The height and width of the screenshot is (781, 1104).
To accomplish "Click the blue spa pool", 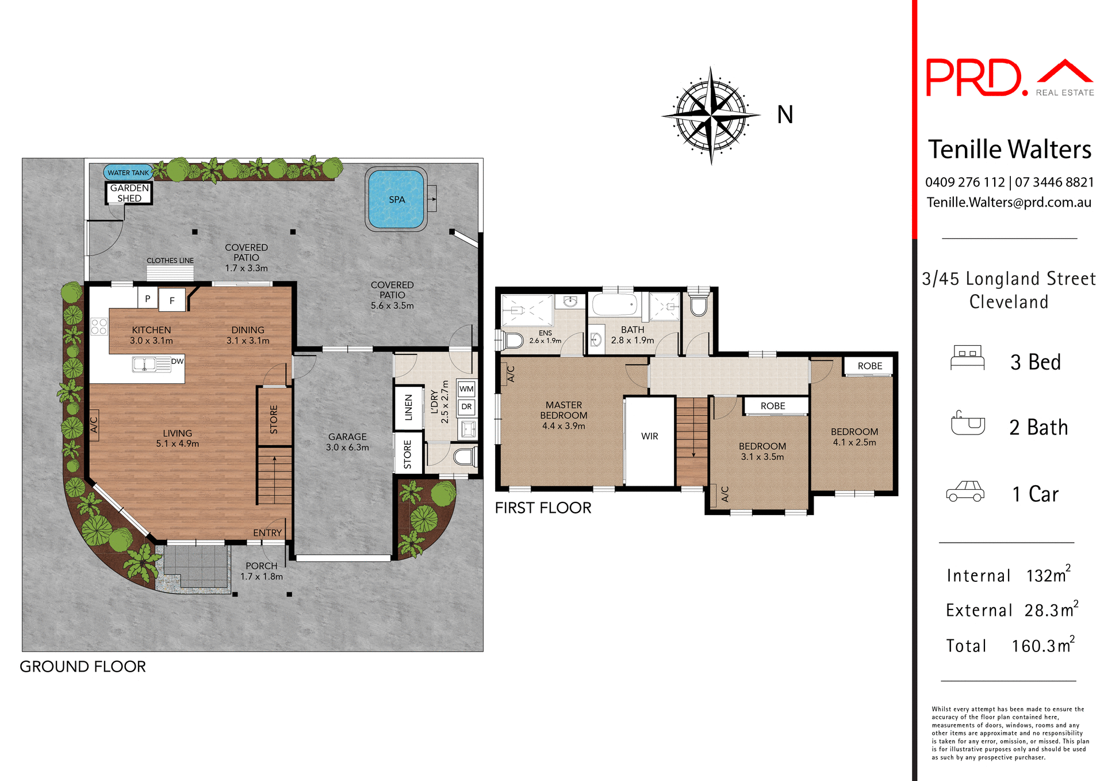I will pyautogui.click(x=396, y=199).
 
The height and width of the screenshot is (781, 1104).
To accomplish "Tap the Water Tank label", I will pyautogui.click(x=128, y=173).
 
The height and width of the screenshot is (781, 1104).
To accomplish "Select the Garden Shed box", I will pyautogui.click(x=129, y=193).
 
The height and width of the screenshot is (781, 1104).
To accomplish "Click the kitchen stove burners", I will pyautogui.click(x=99, y=326).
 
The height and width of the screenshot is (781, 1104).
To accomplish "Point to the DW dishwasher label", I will pyautogui.click(x=177, y=361).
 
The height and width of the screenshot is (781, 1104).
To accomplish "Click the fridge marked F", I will pyautogui.click(x=172, y=300).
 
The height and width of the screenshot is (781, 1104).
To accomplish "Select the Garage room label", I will pyautogui.click(x=347, y=442).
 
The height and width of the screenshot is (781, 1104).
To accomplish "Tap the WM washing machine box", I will pyautogui.click(x=466, y=388).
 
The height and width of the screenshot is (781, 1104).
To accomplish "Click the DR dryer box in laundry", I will pyautogui.click(x=466, y=407).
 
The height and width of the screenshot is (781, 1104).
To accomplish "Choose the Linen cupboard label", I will pyautogui.click(x=408, y=407).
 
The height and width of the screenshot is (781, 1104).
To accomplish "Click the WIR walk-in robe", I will pyautogui.click(x=650, y=436).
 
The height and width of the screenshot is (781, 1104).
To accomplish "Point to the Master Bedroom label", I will pyautogui.click(x=563, y=415).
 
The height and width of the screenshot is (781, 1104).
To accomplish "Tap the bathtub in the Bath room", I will pyautogui.click(x=615, y=304).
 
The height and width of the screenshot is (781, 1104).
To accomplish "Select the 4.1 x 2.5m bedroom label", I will pyautogui.click(x=854, y=437).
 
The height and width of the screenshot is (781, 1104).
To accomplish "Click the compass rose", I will pyautogui.click(x=711, y=115).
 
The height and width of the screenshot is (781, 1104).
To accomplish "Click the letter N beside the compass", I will pyautogui.click(x=785, y=115).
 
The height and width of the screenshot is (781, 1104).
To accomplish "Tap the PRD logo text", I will pyautogui.click(x=974, y=78).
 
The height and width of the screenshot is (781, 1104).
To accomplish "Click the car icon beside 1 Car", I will pyautogui.click(x=965, y=492).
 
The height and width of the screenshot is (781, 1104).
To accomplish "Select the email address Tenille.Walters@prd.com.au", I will pyautogui.click(x=1009, y=203).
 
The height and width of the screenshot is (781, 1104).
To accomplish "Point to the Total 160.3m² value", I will pyautogui.click(x=1042, y=646).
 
